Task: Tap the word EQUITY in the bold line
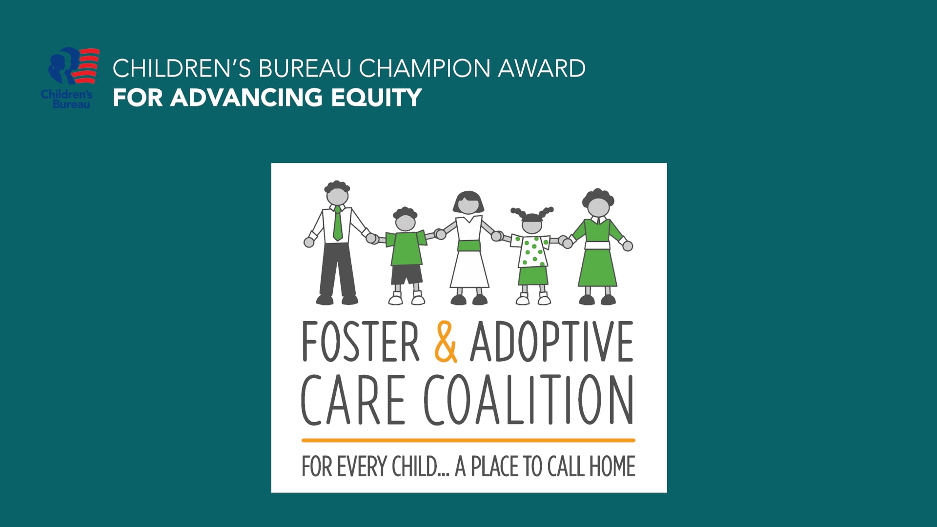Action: coord(376,98)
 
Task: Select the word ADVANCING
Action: coord(246,98)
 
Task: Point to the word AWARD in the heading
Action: coord(541,68)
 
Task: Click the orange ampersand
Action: coord(446,342)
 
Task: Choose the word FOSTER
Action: coord(361,342)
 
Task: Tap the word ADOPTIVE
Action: coord(551,342)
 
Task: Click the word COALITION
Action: coord(529,400)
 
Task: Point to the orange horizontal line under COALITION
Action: coord(468,440)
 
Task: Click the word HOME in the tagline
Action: coord(612,466)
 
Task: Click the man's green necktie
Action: coord(337,224)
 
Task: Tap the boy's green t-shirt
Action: coord(406,248)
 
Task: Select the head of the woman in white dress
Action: coord(468,204)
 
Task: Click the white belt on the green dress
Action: coord(597,245)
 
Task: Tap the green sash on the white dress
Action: coord(469,245)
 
